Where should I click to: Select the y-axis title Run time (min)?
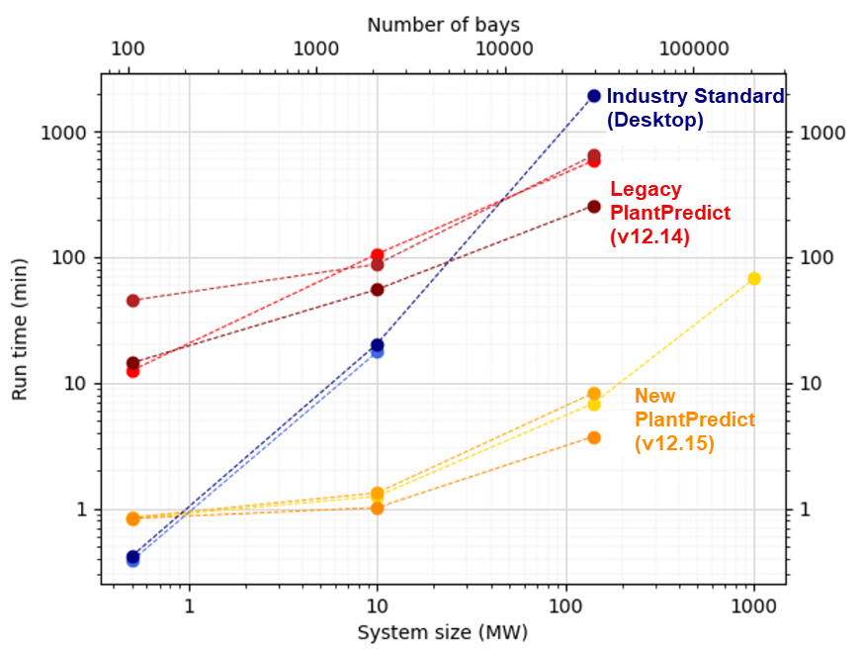[x=21, y=331]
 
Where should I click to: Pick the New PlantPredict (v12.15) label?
[x=694, y=420]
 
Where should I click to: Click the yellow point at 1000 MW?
[x=754, y=279]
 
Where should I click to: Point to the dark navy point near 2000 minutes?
[x=594, y=96]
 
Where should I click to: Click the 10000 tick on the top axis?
[x=504, y=49]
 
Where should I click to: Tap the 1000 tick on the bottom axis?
[x=754, y=604]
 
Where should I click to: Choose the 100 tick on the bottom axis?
[x=565, y=604]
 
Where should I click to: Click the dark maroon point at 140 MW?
[x=594, y=206]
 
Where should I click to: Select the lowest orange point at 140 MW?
[x=594, y=437]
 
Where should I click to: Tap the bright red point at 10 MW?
[x=377, y=255]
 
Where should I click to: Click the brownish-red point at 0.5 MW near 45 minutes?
[x=132, y=300]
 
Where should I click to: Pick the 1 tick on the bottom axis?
[x=188, y=604]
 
